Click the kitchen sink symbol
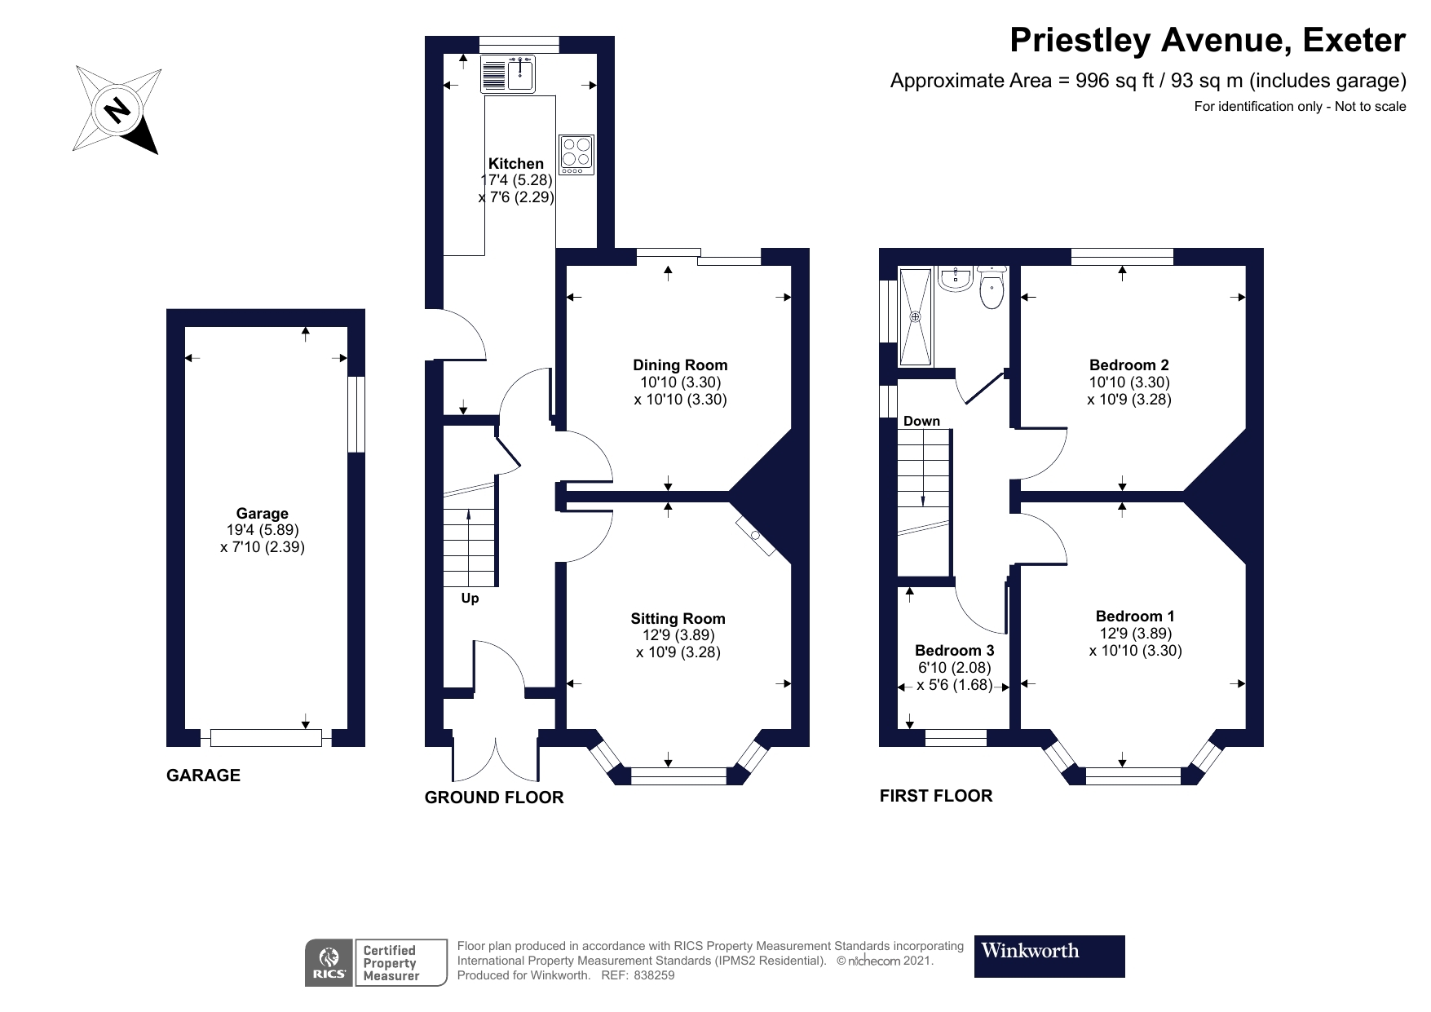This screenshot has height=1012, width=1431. (x=507, y=74)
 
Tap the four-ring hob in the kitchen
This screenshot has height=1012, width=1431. (x=576, y=154)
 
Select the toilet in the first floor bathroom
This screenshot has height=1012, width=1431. (x=992, y=289)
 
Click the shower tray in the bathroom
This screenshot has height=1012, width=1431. (x=916, y=316)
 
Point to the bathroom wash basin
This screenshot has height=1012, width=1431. (x=953, y=280)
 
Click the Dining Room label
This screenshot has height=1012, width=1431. (x=680, y=365)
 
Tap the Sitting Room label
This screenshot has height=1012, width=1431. (x=678, y=619)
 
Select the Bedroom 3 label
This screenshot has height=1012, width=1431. (x=954, y=651)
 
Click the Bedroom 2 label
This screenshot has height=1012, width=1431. (x=1128, y=365)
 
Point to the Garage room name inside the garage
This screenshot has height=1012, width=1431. (x=262, y=514)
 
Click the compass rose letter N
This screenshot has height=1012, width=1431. (x=119, y=109)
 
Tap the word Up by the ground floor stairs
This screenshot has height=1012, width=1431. (x=470, y=599)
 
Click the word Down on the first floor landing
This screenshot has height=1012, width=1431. (x=921, y=422)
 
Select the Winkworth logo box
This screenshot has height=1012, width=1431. (x=1049, y=956)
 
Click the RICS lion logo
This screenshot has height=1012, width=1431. (x=329, y=962)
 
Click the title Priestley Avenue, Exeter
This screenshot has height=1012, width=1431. (x=1208, y=41)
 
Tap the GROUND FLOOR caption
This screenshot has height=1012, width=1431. (x=494, y=798)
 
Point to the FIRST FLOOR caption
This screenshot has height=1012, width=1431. (x=936, y=796)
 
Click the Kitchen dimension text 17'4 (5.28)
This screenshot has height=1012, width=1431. (x=517, y=180)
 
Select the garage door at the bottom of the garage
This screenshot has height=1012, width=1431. (x=266, y=738)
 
